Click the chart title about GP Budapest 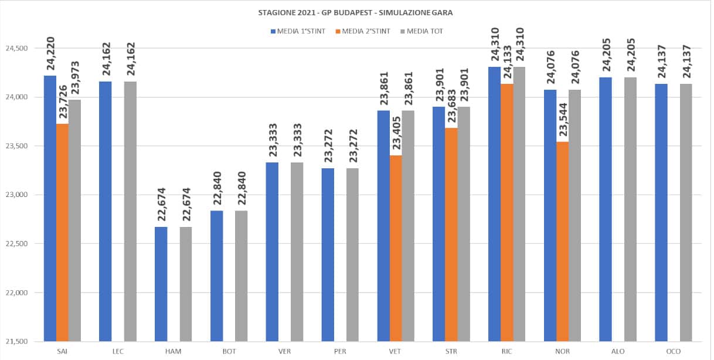coord(356,12)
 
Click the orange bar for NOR coord(563,241)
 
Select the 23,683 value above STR coord(451,108)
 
